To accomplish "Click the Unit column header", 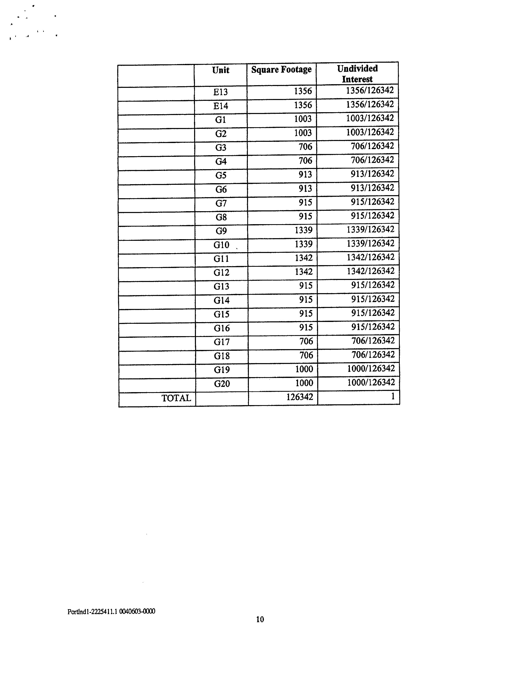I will point(221,70).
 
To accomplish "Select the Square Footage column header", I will point(281,70).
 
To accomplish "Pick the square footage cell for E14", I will point(303,105).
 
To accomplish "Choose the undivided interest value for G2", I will point(370,132).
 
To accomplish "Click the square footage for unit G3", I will point(305,147).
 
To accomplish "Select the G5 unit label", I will point(221,175).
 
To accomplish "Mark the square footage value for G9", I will point(303,230).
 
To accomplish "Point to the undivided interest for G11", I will point(371,257).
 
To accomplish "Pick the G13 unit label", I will point(221,286).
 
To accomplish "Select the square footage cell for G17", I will point(306,341).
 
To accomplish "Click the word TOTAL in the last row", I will point(176,398).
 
